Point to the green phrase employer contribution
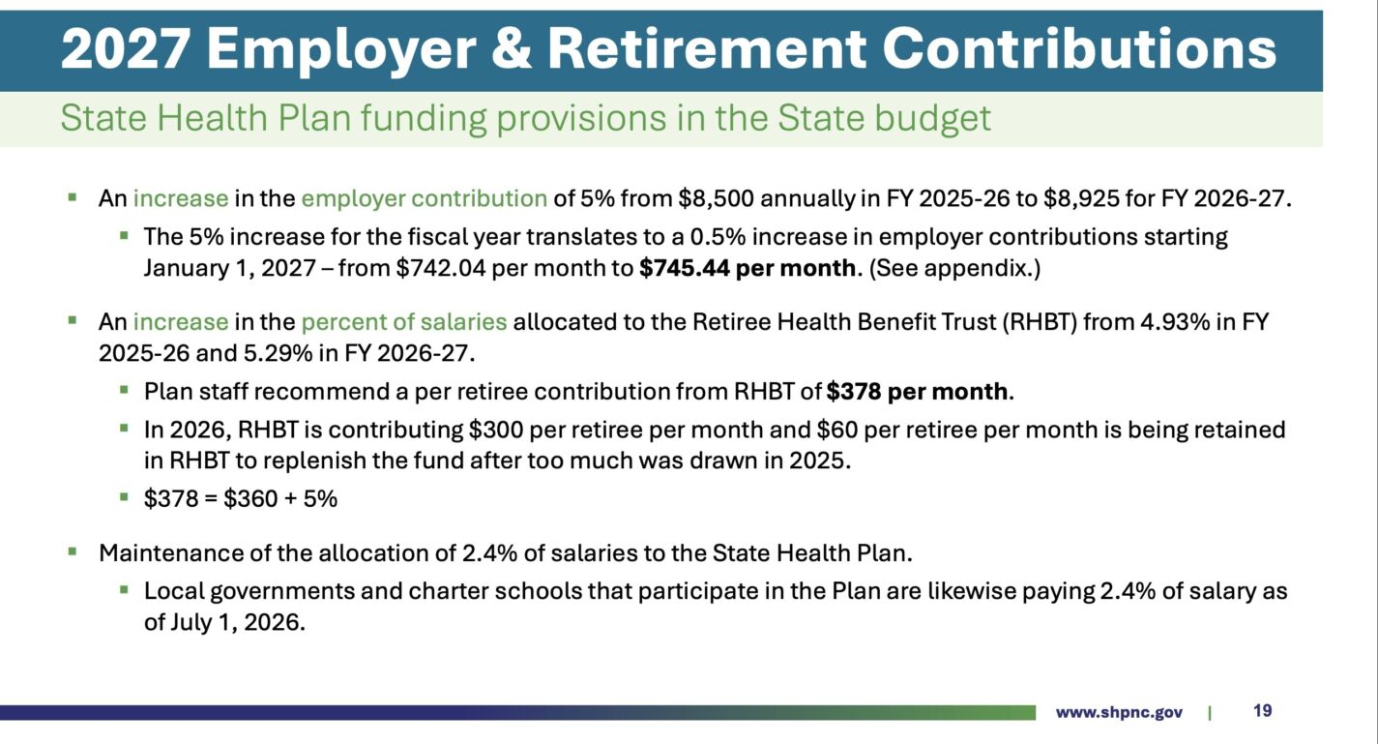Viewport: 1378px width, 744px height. point(424,198)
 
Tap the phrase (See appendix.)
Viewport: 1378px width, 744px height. point(954,268)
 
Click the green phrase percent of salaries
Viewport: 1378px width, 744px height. point(403,322)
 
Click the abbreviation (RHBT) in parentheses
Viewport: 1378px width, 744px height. point(1040,322)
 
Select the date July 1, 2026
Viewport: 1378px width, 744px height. point(235,622)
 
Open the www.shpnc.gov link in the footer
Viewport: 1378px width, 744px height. point(1119,713)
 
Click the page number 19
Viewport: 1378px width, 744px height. point(1262,711)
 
